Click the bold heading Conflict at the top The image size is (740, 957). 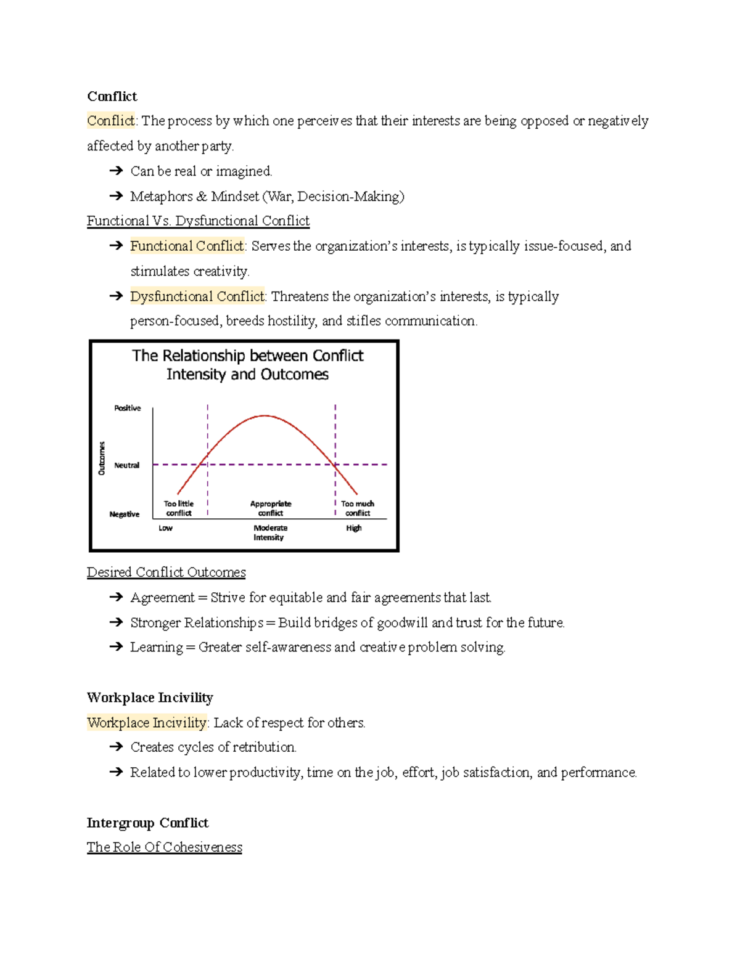coord(112,96)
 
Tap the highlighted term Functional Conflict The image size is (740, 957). coord(187,246)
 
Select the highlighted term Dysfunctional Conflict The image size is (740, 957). coord(197,296)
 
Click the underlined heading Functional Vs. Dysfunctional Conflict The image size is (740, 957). coord(198,221)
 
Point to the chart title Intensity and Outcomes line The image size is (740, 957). coord(247,374)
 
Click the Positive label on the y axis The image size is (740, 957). coord(127,408)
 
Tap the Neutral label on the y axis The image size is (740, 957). coord(126,465)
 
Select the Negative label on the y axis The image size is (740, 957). coord(124,514)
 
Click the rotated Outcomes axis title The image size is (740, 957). coord(102,458)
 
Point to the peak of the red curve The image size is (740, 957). coord(265,416)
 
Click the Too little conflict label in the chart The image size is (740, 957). coord(178,508)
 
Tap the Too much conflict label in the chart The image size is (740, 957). coord(358,508)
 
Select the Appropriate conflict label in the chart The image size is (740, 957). coord(271,508)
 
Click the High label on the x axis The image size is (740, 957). coord(353,528)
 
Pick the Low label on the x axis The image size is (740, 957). coord(165,528)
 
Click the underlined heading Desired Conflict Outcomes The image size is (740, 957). coord(166,572)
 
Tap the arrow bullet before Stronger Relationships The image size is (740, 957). coord(116,622)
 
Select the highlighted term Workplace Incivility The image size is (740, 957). coord(147,722)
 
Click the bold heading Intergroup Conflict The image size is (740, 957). coord(147,823)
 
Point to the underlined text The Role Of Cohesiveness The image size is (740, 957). coord(164,847)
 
